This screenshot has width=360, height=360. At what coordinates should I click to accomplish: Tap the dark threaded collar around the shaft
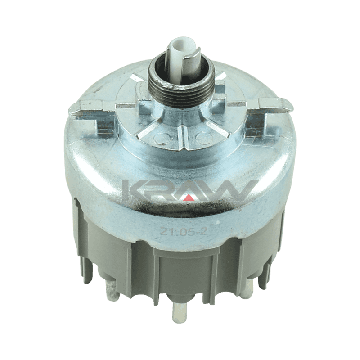click(182, 87)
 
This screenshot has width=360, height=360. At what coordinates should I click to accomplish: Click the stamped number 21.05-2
click(184, 231)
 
